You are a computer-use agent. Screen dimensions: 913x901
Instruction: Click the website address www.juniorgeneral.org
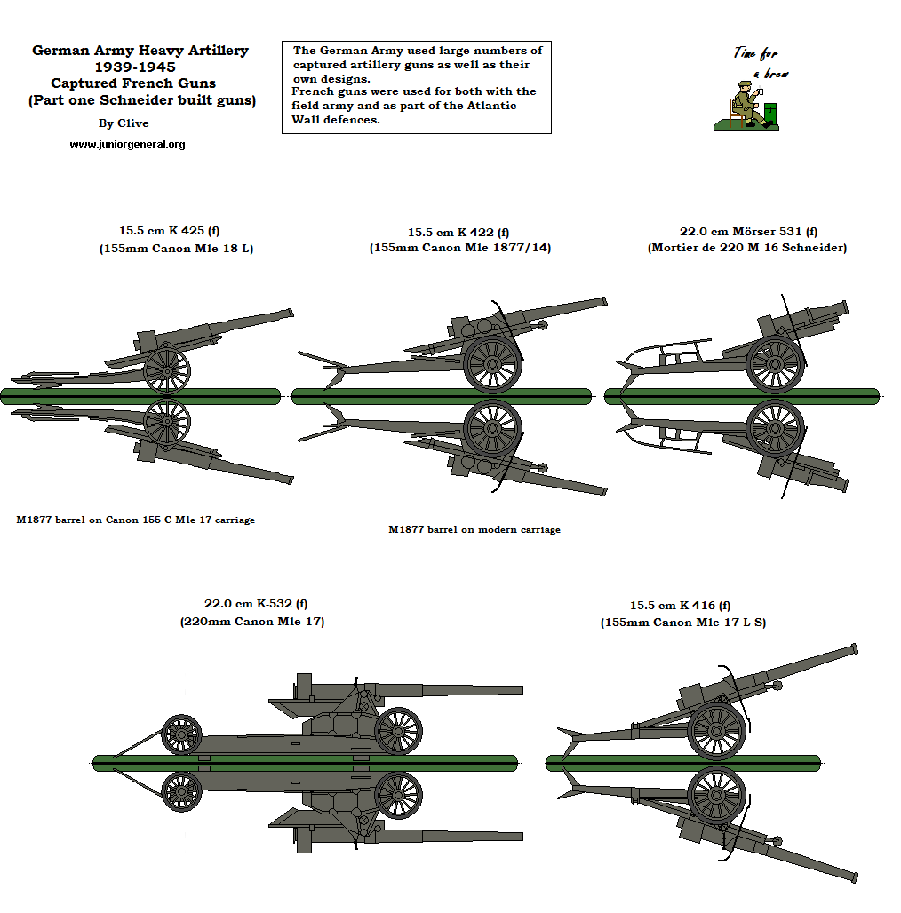pyautogui.click(x=127, y=144)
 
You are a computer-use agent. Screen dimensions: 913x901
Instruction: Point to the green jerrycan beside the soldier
pyautogui.click(x=770, y=114)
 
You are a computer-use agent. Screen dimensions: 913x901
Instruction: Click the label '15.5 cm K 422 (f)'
pyautogui.click(x=458, y=231)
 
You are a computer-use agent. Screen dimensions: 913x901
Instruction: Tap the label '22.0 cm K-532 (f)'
pyautogui.click(x=251, y=604)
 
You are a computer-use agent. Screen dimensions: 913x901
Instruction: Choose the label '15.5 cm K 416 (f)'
pyautogui.click(x=680, y=606)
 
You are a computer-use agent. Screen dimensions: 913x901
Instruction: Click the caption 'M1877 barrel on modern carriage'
pyautogui.click(x=474, y=529)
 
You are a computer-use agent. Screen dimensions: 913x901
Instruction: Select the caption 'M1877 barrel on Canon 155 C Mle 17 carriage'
pyautogui.click(x=135, y=520)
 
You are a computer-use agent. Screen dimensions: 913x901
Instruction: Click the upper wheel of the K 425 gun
pyautogui.click(x=166, y=369)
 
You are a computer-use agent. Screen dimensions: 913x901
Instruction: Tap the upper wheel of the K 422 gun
pyautogui.click(x=491, y=363)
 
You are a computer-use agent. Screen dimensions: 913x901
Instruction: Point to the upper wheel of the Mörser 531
pyautogui.click(x=775, y=363)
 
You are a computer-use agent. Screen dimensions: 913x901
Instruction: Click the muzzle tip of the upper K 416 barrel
pyautogui.click(x=854, y=648)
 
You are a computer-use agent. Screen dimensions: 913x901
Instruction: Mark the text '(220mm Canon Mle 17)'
pyautogui.click(x=251, y=622)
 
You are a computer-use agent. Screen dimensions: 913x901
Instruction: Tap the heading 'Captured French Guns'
pyautogui.click(x=133, y=83)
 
